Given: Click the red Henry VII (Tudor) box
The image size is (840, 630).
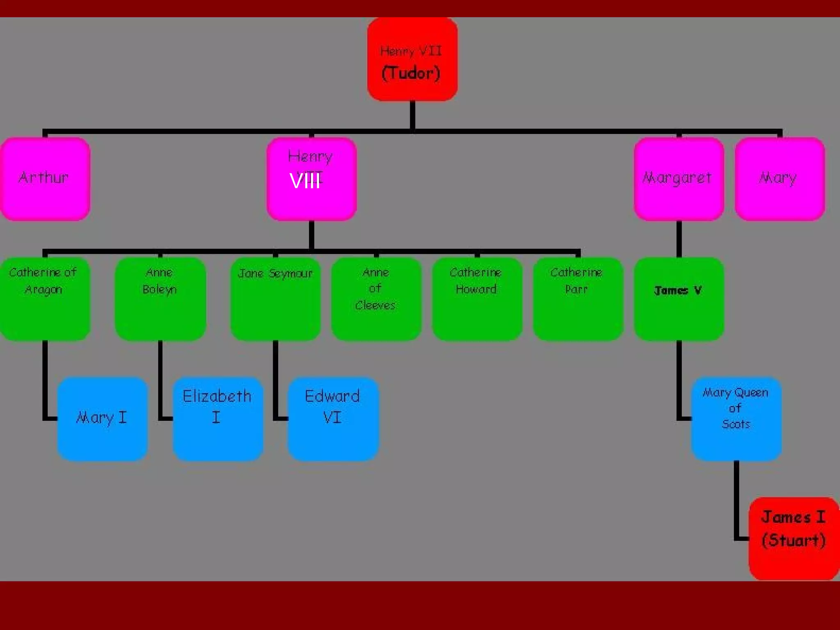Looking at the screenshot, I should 412,59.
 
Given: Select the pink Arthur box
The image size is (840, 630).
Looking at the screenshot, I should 45,179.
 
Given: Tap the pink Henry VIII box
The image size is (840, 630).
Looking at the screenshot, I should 311,179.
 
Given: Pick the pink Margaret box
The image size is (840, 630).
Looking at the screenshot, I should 679,179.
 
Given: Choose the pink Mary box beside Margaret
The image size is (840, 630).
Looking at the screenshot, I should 780,179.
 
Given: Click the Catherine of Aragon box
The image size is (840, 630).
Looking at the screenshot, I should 44,299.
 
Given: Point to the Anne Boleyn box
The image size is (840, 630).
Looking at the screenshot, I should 160,299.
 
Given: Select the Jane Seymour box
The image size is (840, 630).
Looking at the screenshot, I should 275,299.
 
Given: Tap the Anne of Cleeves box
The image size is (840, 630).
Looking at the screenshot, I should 376,299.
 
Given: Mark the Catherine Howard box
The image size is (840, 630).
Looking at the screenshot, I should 477,299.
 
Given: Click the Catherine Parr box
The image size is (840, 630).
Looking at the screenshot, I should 578,299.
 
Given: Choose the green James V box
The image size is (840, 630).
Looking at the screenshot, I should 679,299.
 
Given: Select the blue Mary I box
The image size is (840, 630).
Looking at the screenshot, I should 102,419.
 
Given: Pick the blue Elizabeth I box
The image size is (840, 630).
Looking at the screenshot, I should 218,419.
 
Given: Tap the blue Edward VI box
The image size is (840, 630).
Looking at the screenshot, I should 333,419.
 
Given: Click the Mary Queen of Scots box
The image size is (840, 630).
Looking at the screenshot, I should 736,419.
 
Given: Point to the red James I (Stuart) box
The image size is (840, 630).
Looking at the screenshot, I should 794,539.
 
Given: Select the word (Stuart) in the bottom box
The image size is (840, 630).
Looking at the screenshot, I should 794,541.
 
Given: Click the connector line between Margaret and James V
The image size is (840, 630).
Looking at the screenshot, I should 679,239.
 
